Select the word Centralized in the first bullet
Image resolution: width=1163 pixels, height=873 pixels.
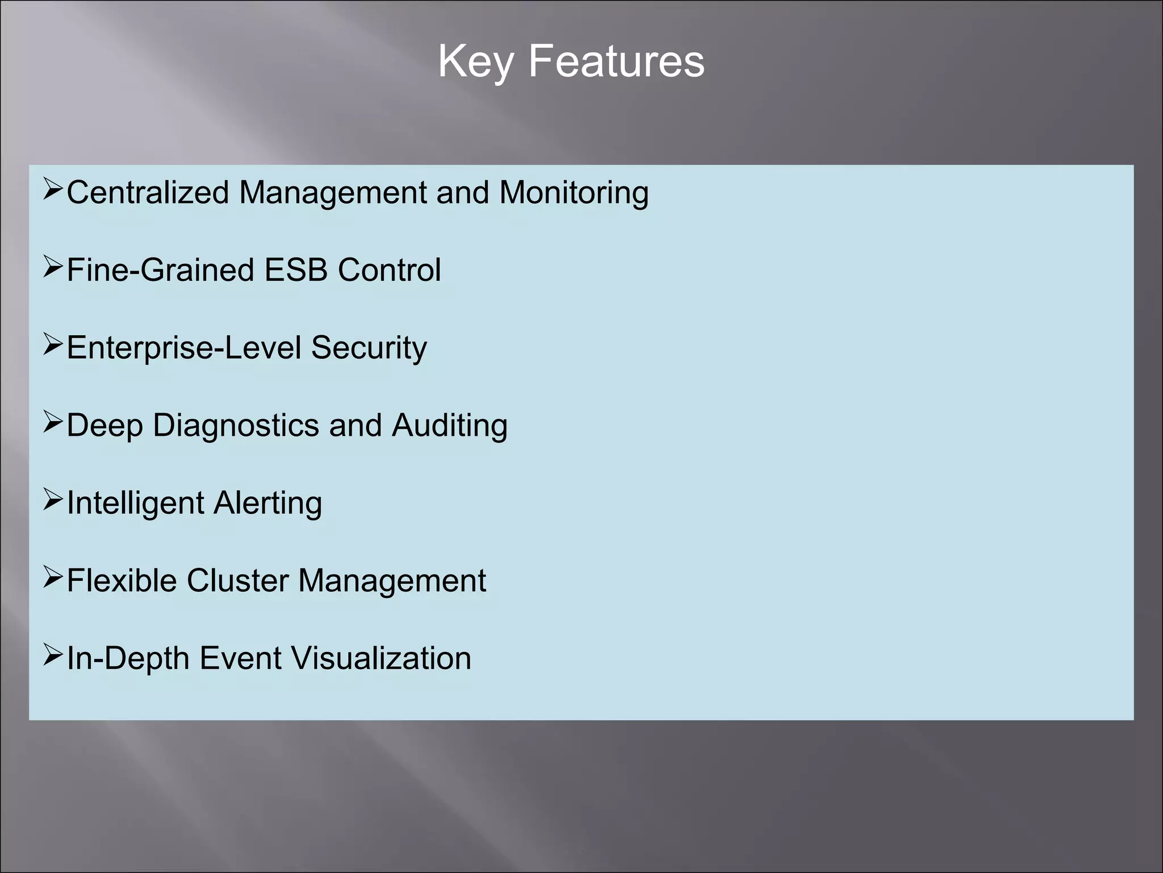tap(148, 192)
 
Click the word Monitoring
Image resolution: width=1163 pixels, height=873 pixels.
tap(574, 192)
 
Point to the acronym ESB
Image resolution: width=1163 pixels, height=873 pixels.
tap(296, 269)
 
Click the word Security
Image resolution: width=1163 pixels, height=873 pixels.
tap(369, 347)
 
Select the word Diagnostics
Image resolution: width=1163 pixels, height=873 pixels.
tap(236, 425)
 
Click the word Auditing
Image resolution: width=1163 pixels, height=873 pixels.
tap(449, 425)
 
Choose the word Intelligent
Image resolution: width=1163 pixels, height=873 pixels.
tap(135, 503)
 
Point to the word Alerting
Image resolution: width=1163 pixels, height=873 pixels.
tap(268, 503)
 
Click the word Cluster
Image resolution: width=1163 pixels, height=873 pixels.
tap(237, 580)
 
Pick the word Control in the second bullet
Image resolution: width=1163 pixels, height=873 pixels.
tap(389, 269)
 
